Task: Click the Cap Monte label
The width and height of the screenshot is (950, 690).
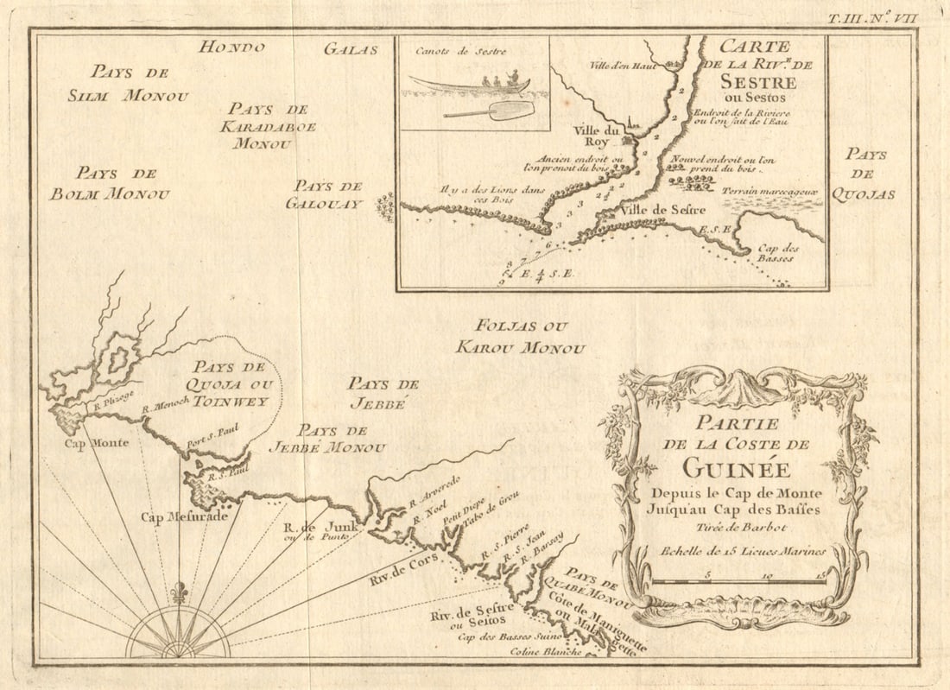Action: pos(97,443)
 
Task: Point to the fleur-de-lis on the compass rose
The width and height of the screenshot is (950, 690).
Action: pos(179,593)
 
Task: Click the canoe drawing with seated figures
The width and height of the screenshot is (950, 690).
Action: pos(471,84)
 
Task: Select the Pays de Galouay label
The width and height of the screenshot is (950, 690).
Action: pos(326,194)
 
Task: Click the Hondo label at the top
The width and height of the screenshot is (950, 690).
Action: pos(231,47)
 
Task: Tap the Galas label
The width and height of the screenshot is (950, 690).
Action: pos(351,49)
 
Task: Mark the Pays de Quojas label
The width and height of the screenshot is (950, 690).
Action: pos(865,174)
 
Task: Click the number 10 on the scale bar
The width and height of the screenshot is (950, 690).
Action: pos(767,573)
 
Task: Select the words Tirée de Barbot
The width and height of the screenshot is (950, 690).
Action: pos(738,527)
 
